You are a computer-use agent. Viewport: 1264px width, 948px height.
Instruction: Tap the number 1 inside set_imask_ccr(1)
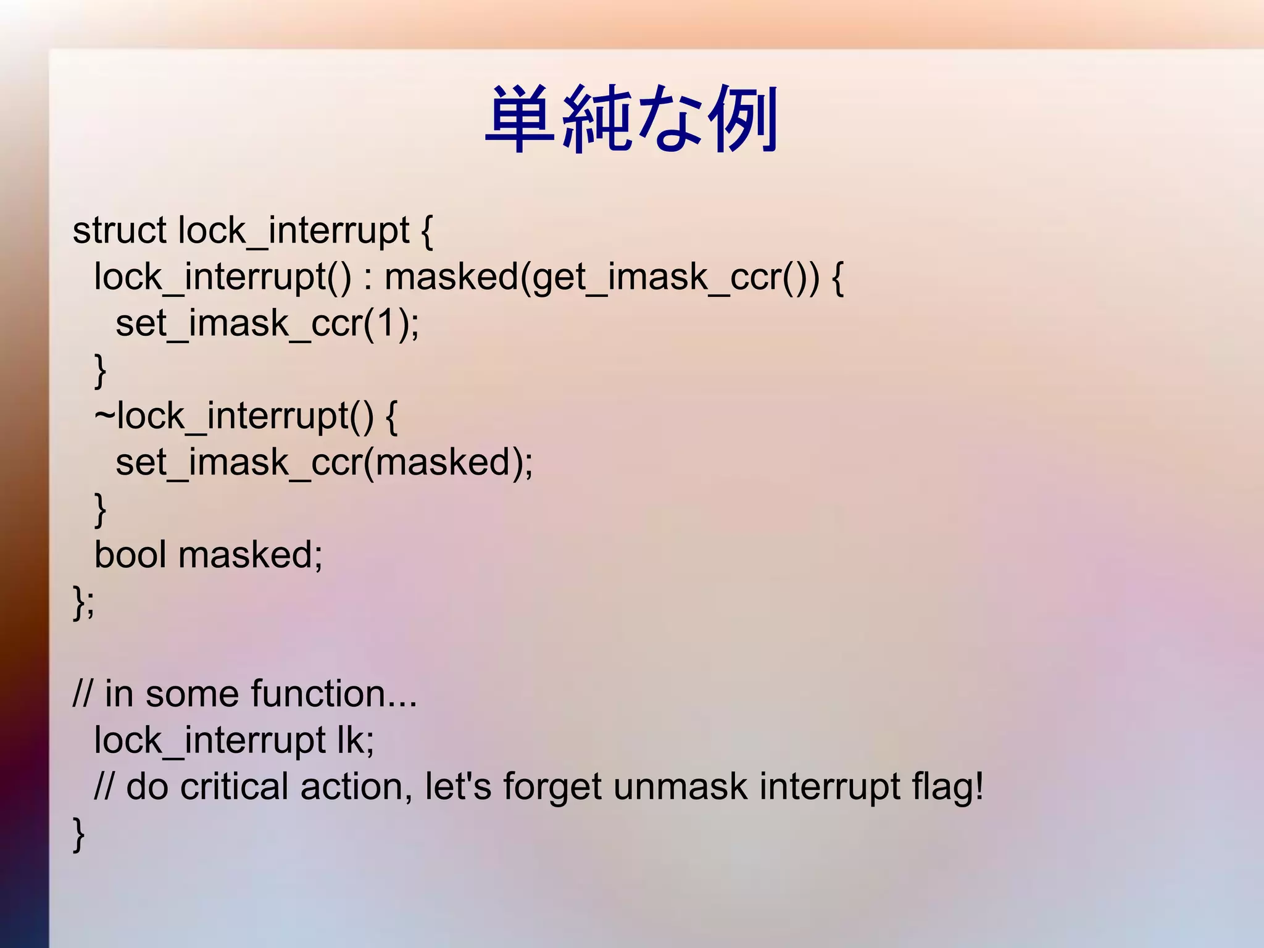click(386, 323)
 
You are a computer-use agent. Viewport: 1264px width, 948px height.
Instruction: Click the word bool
click(130, 554)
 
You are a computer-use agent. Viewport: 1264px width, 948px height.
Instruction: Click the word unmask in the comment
click(680, 787)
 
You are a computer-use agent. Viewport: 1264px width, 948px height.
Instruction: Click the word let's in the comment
click(458, 787)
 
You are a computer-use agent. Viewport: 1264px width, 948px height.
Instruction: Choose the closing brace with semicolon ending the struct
click(83, 602)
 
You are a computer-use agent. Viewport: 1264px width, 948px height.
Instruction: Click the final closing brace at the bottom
click(79, 834)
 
